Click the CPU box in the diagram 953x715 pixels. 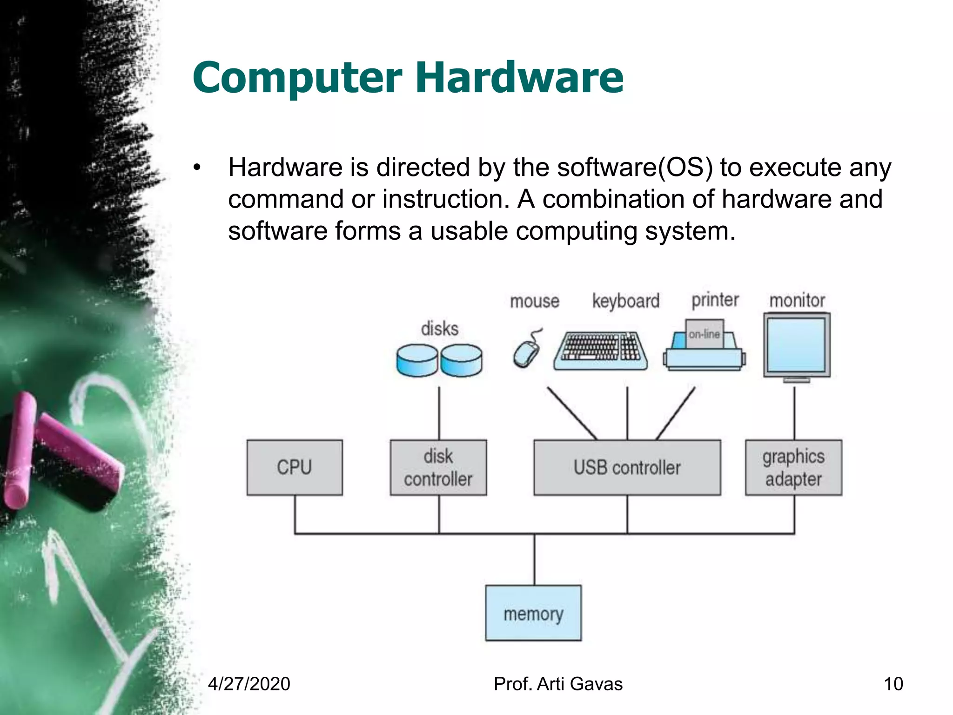[x=295, y=467]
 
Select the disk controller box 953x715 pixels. [x=438, y=467]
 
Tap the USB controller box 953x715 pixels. [x=627, y=467]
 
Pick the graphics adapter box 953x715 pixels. [x=793, y=467]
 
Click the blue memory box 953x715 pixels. [x=533, y=613]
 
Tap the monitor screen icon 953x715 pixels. [x=796, y=345]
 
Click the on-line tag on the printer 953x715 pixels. [x=705, y=334]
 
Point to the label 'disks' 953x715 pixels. [x=439, y=329]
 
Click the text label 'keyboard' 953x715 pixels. [x=625, y=301]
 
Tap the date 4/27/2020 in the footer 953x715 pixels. [x=249, y=684]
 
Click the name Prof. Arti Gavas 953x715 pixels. [x=558, y=684]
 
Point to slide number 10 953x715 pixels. [x=893, y=684]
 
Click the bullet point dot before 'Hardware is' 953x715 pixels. [x=197, y=167]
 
